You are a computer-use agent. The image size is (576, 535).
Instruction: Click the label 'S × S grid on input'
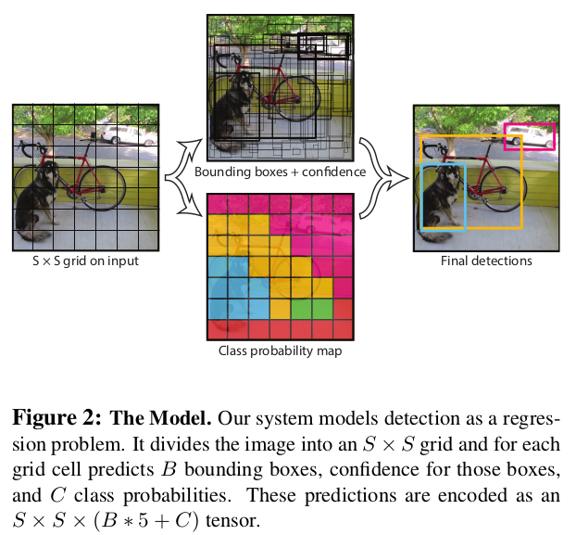point(84,261)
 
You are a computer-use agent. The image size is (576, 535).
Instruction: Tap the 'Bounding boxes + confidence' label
point(280,172)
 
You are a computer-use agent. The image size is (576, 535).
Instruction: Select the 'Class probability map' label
point(280,350)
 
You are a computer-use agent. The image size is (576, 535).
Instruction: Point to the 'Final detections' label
point(485,261)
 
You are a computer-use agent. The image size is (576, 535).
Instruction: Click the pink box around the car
point(529,124)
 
